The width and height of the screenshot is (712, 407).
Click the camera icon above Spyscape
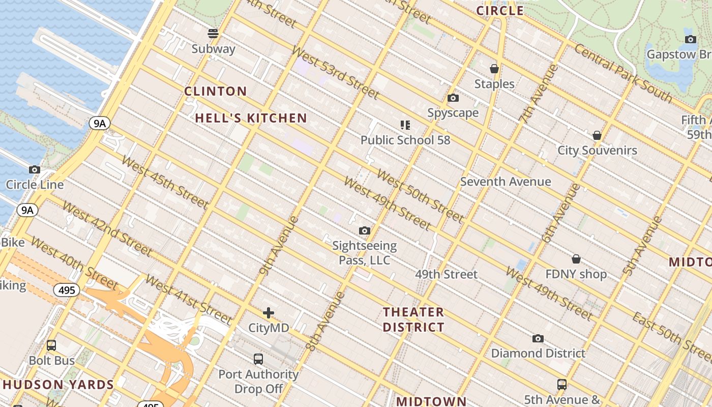coord(453,98)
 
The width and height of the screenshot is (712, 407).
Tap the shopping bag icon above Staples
coord(494,69)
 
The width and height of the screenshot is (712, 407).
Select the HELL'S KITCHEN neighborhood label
coord(251,119)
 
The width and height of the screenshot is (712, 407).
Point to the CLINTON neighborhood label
coord(216,92)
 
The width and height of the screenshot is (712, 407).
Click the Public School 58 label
coord(405,140)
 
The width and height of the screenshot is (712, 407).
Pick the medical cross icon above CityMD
coord(269,313)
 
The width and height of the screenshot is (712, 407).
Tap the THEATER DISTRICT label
coord(413,319)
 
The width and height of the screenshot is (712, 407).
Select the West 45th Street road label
coord(165,183)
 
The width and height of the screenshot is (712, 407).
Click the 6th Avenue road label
coord(561,213)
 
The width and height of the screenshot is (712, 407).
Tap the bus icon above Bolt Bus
coord(51,345)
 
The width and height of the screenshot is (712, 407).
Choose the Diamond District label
coord(538,353)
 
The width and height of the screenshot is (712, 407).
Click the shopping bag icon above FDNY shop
coord(576,259)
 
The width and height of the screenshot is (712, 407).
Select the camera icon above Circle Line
coord(35,170)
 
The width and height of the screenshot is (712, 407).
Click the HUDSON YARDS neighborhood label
coord(57,385)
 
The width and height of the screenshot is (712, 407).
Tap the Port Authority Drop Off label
coord(258,382)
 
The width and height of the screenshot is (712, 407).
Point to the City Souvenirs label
coord(597,150)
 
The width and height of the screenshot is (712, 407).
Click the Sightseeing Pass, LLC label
coord(364,253)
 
